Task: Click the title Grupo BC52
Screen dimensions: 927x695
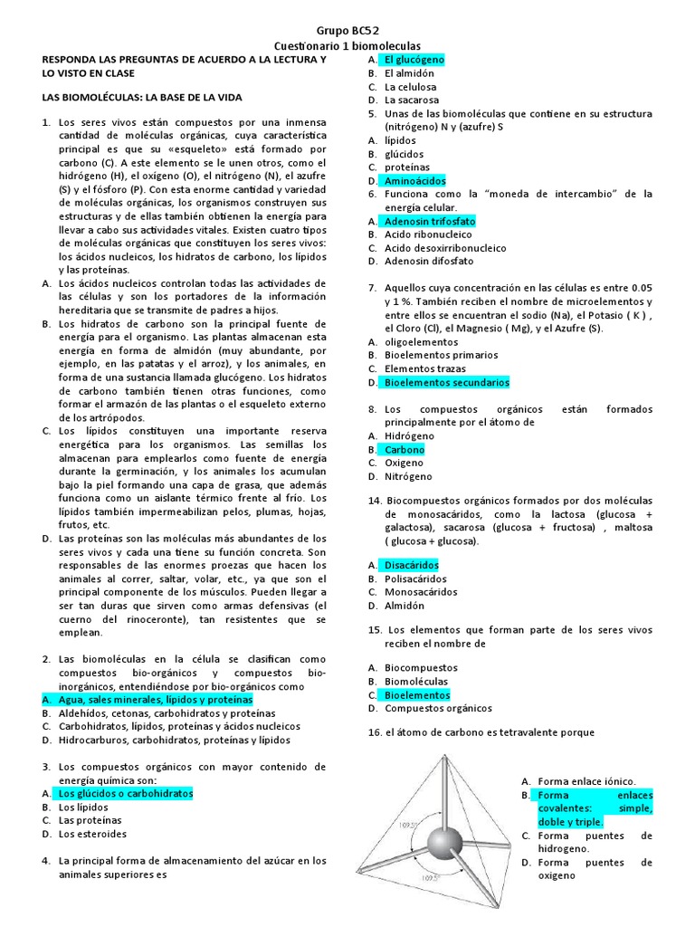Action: click(347, 31)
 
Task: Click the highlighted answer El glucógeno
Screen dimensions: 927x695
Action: click(418, 60)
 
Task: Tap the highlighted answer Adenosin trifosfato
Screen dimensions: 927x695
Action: click(429, 221)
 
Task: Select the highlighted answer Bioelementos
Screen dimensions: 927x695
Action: click(416, 694)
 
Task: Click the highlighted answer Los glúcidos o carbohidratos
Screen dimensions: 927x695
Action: click(125, 793)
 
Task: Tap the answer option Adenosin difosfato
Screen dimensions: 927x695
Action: click(428, 261)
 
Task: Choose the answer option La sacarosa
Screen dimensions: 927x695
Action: click(411, 100)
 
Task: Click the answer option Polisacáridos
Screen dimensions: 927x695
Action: click(415, 578)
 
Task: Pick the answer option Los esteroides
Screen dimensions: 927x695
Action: click(92, 834)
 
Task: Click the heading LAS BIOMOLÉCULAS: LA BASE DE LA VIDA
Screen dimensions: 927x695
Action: click(142, 97)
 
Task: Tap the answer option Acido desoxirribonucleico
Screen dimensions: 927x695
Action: click(445, 248)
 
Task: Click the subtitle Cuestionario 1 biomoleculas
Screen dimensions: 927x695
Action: click(347, 45)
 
